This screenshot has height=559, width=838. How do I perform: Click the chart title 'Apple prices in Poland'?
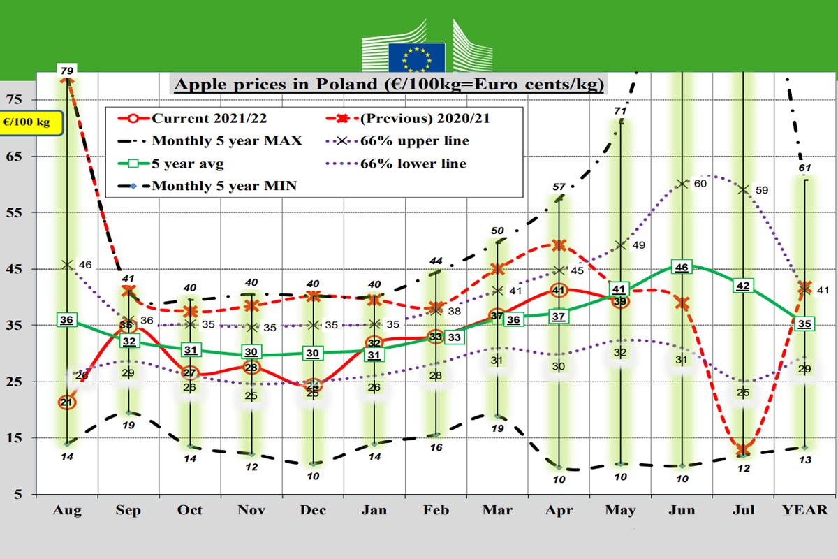pyautogui.click(x=388, y=85)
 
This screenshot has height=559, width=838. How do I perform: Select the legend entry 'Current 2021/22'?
pyautogui.click(x=203, y=117)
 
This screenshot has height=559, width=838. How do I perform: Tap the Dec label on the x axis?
pyautogui.click(x=314, y=510)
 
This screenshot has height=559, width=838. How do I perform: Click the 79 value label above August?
pyautogui.click(x=67, y=70)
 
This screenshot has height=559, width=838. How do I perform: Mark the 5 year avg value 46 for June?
pyautogui.click(x=682, y=268)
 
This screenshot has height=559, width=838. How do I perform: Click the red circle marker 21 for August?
pyautogui.click(x=67, y=402)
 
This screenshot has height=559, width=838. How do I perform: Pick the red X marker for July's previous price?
pyautogui.click(x=744, y=450)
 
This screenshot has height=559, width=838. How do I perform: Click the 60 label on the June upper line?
pyautogui.click(x=700, y=183)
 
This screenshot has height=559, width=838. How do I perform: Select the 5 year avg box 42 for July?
pyautogui.click(x=744, y=286)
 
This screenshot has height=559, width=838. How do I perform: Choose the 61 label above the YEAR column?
pyautogui.click(x=805, y=168)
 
